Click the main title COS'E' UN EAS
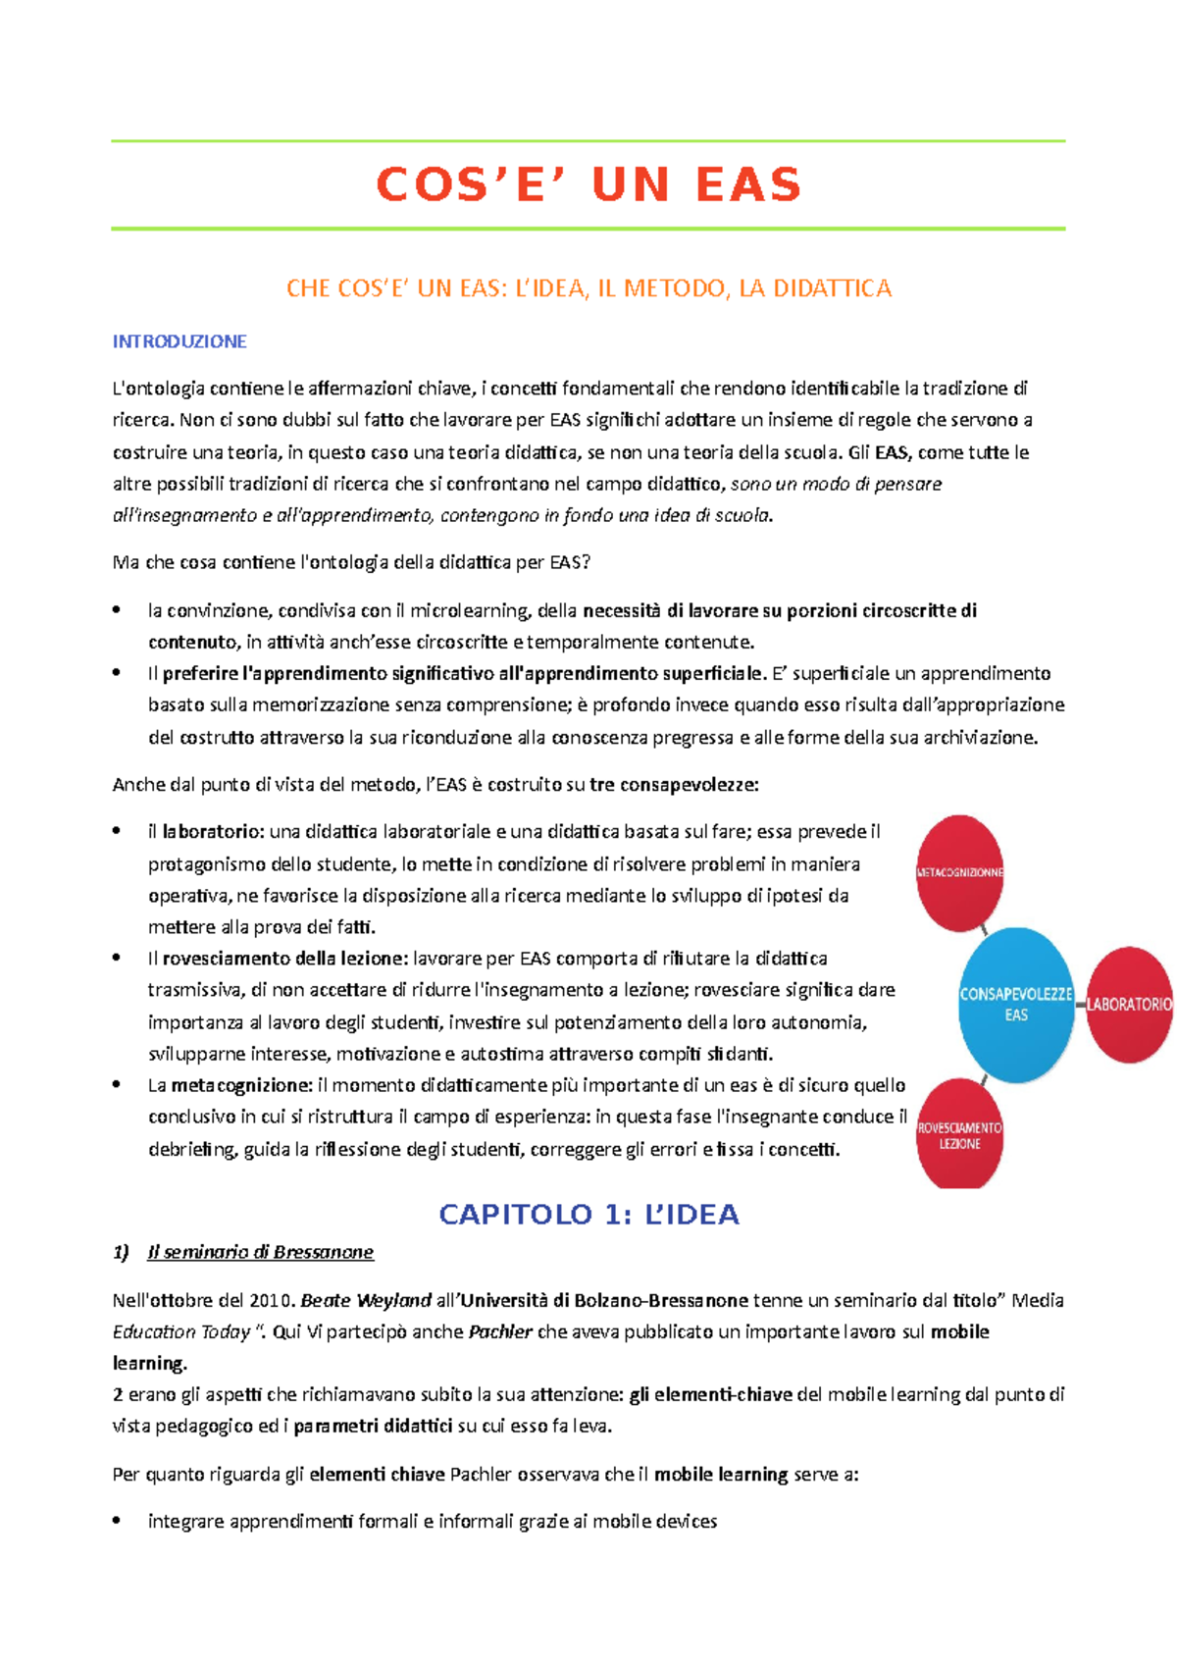pyautogui.click(x=588, y=184)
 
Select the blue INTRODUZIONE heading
pyautogui.click(x=179, y=341)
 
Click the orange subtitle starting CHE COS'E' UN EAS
pyautogui.click(x=588, y=288)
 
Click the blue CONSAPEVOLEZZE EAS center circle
pyautogui.click(x=1016, y=1004)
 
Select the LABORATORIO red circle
pyautogui.click(x=1130, y=1004)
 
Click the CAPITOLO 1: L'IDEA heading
pyautogui.click(x=588, y=1215)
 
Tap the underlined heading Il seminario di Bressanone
pyautogui.click(x=260, y=1252)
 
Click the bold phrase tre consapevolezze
pyautogui.click(x=674, y=784)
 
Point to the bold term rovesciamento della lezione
pyautogui.click(x=284, y=958)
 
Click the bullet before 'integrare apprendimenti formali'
pyautogui.click(x=117, y=1521)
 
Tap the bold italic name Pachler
pyautogui.click(x=500, y=1331)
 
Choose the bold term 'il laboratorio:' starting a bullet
pyautogui.click(x=206, y=831)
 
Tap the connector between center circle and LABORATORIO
pyautogui.click(x=1080, y=1004)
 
